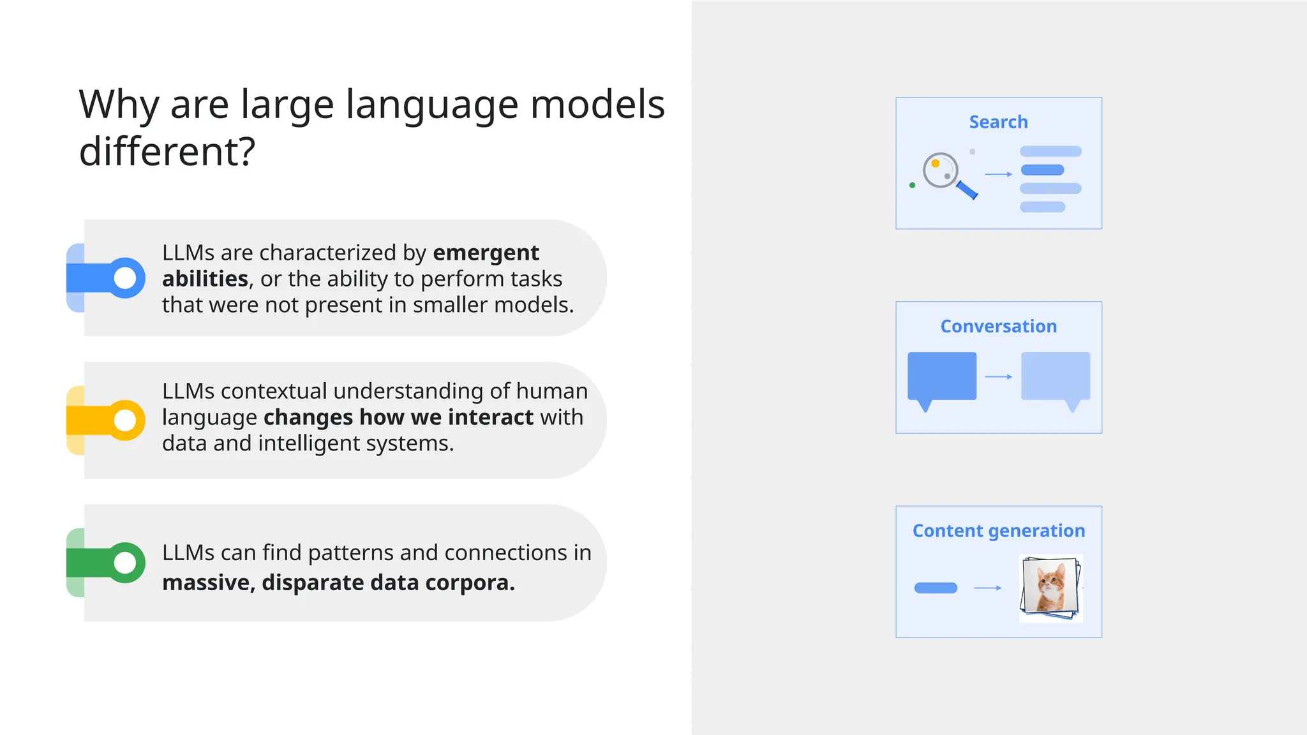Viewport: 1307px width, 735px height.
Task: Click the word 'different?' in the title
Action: [167, 152]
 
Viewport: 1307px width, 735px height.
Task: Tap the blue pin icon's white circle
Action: [125, 278]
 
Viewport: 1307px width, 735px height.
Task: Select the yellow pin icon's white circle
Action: [125, 420]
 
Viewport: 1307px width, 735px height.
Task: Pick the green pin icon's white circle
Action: [125, 563]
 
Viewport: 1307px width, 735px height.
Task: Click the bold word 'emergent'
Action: [486, 253]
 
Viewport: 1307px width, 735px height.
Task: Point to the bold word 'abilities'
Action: [205, 279]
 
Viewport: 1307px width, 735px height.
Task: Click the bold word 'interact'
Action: [490, 417]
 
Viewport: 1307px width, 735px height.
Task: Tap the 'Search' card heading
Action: [998, 122]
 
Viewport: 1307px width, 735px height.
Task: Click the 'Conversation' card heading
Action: [998, 326]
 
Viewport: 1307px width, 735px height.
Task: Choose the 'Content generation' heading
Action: [998, 531]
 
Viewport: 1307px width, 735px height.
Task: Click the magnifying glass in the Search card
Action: [942, 171]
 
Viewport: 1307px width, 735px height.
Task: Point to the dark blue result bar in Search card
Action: [1042, 170]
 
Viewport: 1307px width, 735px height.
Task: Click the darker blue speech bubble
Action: [941, 376]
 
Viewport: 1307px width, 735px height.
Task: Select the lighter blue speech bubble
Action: [1056, 376]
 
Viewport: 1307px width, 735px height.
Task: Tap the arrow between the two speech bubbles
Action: [998, 377]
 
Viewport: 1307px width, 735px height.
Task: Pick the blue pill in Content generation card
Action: [936, 588]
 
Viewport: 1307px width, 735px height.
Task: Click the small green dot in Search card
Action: [912, 185]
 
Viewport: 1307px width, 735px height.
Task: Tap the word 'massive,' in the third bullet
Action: [208, 583]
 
